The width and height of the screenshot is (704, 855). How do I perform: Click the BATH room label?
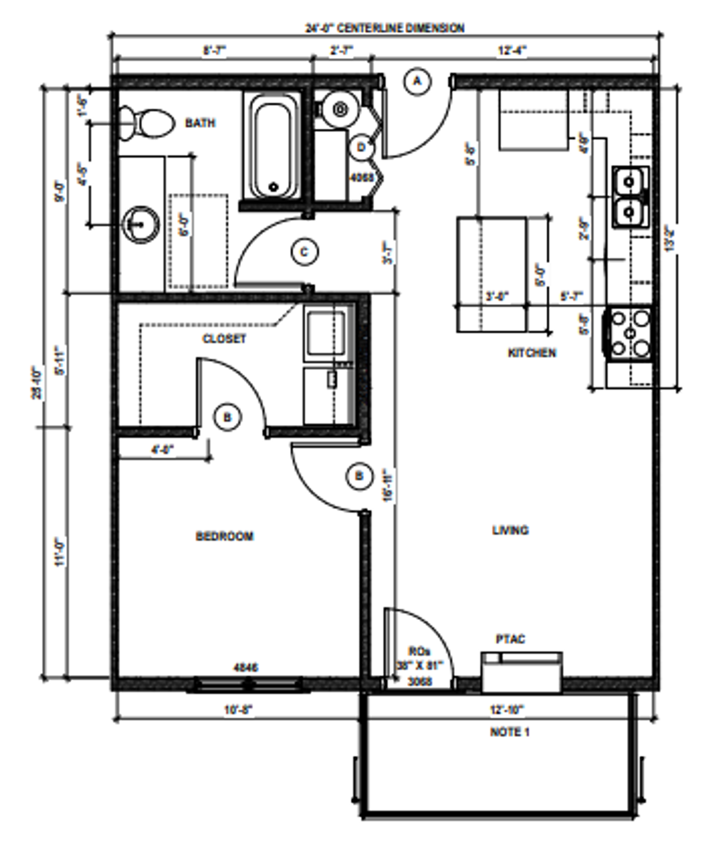[x=200, y=122]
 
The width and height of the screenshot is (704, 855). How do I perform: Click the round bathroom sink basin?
[x=141, y=224]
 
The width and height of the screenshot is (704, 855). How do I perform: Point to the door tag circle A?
[x=417, y=81]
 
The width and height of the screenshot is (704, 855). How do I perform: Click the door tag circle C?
[x=304, y=252]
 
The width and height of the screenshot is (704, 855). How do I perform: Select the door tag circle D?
[x=362, y=147]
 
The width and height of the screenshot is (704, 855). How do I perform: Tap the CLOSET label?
[x=224, y=339]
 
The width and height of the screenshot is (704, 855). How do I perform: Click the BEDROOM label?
[x=225, y=536]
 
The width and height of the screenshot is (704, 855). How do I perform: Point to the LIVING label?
[x=510, y=530]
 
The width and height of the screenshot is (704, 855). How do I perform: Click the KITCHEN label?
[x=532, y=353]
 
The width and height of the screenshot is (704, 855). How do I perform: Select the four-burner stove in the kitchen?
[x=629, y=333]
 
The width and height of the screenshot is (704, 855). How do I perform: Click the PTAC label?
[x=510, y=639]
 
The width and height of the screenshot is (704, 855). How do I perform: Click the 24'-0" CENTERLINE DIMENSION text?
[x=385, y=28]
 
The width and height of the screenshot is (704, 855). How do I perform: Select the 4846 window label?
[x=246, y=667]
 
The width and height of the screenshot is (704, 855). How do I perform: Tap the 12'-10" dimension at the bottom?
[x=507, y=709]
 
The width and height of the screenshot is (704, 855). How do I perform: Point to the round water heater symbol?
[x=340, y=109]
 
